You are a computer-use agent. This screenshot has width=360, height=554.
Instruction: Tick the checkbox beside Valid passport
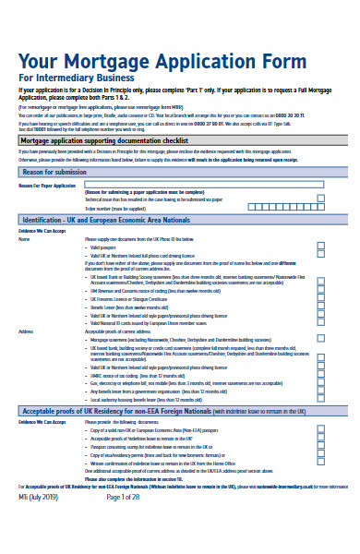tap(321, 247)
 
